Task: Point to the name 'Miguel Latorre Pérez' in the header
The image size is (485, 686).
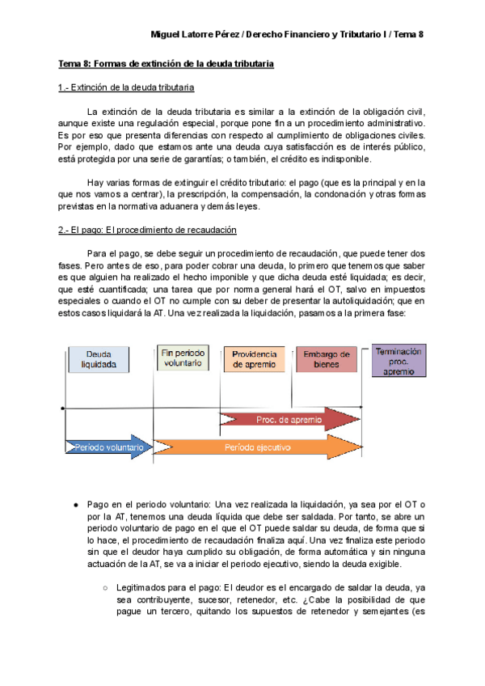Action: tap(196, 35)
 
